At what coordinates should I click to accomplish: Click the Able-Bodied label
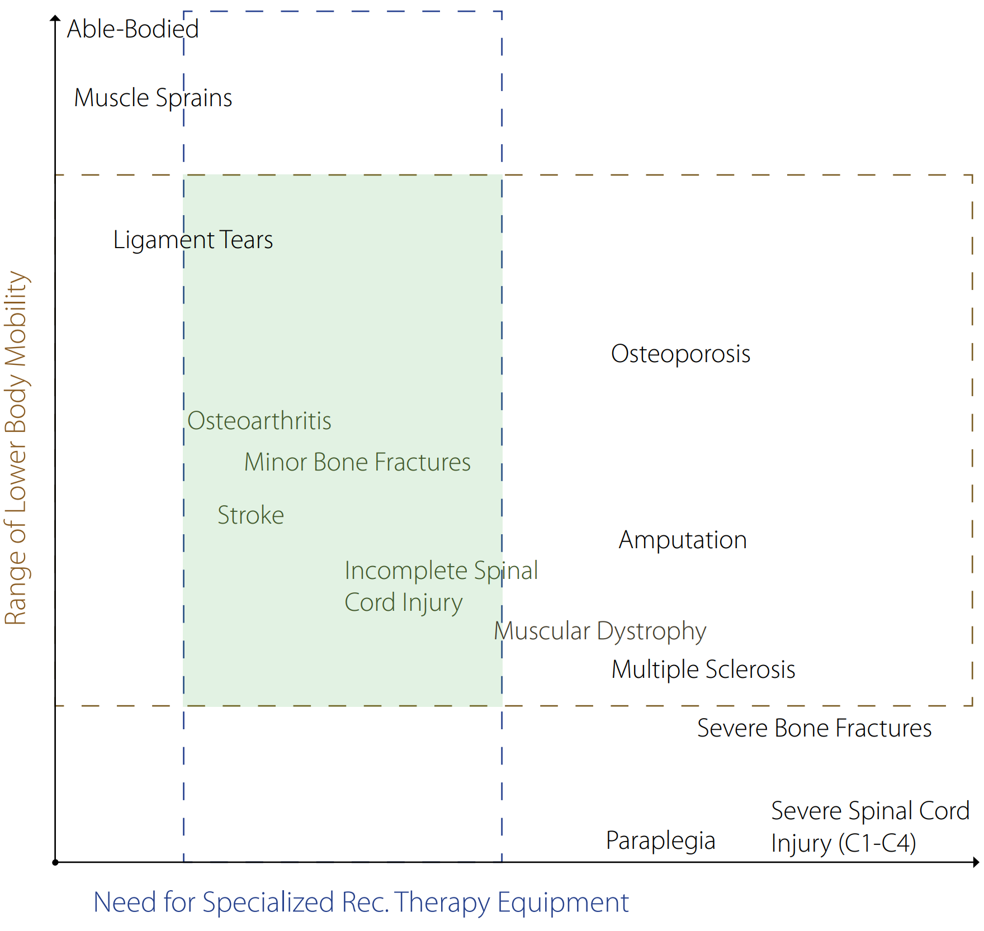click(x=133, y=29)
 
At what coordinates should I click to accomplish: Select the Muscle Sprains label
click(x=153, y=98)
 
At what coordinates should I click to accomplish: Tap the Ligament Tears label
click(x=193, y=240)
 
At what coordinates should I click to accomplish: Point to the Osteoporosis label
click(x=680, y=354)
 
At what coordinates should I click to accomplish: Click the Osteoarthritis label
click(x=259, y=421)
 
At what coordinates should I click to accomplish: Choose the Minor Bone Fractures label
click(x=357, y=463)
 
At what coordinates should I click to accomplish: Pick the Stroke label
click(x=250, y=515)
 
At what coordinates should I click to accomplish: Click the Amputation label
click(x=683, y=540)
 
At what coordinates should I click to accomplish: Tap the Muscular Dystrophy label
click(x=600, y=631)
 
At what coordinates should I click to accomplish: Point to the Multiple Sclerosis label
click(x=703, y=669)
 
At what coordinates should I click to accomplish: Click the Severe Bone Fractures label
click(x=814, y=729)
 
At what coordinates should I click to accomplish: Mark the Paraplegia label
click(x=660, y=841)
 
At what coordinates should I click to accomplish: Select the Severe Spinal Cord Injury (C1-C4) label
click(x=870, y=827)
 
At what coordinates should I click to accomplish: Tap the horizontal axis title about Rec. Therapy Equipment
click(x=361, y=902)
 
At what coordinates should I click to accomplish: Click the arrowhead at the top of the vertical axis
click(x=55, y=18)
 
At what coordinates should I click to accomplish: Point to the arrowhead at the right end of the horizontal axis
click(x=976, y=862)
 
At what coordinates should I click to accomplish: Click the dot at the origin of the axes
click(x=55, y=862)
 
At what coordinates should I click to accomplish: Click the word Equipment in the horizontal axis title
click(x=563, y=902)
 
